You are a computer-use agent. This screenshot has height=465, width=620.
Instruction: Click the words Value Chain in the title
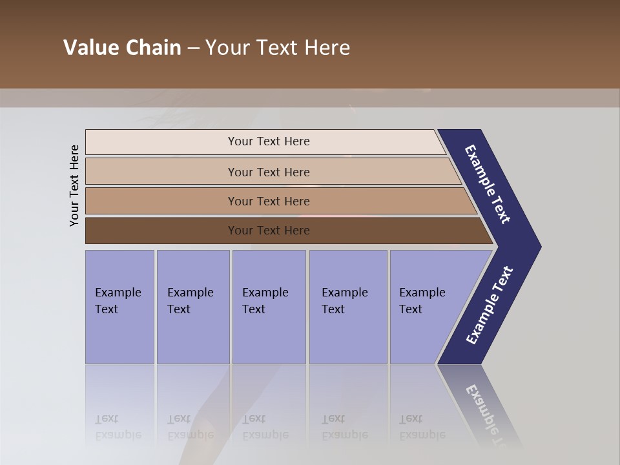(x=122, y=48)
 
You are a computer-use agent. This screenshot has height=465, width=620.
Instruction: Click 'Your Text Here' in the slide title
(x=278, y=48)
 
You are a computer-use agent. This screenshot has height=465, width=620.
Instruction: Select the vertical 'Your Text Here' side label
(x=74, y=186)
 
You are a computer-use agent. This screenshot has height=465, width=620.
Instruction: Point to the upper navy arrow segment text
(x=488, y=184)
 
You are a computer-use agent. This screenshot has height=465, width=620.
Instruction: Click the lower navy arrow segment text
(x=490, y=305)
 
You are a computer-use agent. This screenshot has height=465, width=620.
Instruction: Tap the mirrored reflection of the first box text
(x=118, y=427)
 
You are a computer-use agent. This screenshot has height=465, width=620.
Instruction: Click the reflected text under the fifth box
(x=422, y=427)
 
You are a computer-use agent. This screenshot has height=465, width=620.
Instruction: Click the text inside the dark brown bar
(x=269, y=231)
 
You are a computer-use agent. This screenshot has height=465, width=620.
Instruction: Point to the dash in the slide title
(x=193, y=48)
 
